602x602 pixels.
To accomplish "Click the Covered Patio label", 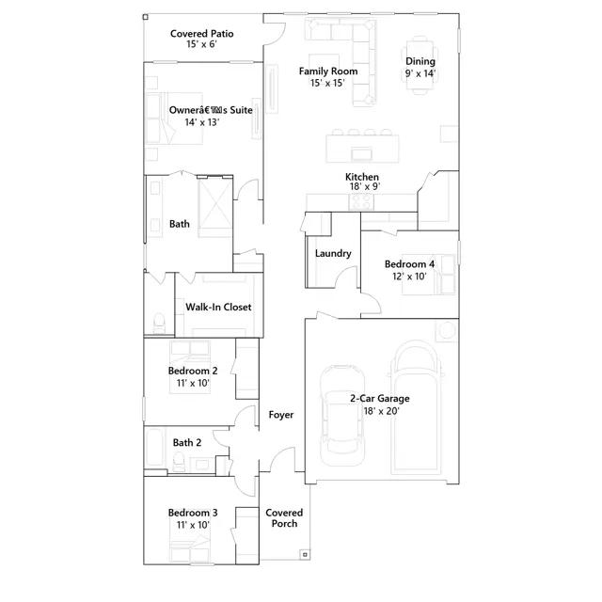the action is (201, 34).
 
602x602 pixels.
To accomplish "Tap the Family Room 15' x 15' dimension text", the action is (327, 83).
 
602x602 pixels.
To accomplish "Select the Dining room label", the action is (420, 61).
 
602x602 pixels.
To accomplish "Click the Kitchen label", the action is (362, 177).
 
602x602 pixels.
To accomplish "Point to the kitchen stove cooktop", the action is (361, 201).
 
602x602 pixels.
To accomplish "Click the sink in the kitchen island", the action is (361, 154).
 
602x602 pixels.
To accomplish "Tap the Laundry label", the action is (333, 253).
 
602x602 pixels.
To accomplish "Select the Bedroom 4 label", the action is (410, 264).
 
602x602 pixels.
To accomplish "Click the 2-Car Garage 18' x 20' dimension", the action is (382, 411).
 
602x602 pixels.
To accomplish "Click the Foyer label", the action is (281, 415).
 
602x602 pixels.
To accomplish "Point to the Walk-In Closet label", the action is (218, 308).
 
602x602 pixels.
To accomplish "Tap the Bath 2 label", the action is (187, 443).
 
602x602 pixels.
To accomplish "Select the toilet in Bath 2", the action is (179, 462).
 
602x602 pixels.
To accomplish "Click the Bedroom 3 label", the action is (193, 513).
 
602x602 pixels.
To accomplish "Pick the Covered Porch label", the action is (284, 518).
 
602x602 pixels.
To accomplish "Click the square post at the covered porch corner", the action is (305, 555).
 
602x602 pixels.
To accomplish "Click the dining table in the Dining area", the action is (420, 64).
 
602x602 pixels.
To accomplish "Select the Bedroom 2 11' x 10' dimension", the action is (193, 383).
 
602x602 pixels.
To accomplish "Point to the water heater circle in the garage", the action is (447, 330).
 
